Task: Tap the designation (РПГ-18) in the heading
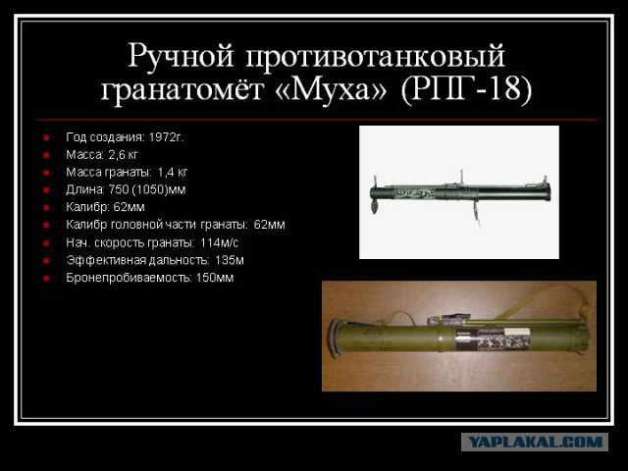pos(465,90)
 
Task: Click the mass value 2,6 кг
pos(123,155)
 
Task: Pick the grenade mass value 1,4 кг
pos(173,173)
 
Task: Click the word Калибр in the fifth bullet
pos(87,207)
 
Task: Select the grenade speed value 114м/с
pos(224,242)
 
